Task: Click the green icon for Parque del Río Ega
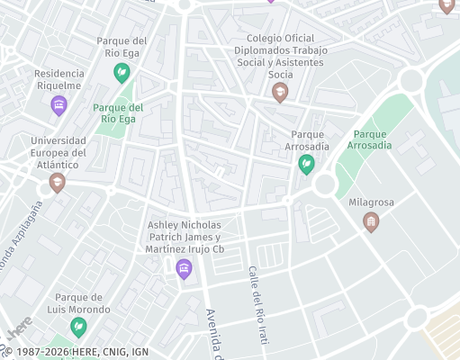tap(122, 76)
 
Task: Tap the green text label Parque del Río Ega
tap(115, 112)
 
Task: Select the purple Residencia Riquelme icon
tap(59, 106)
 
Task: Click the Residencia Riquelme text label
tap(59, 80)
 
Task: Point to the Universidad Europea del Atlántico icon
tap(58, 183)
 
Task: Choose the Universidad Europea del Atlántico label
tap(58, 153)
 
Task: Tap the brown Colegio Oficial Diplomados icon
tap(280, 92)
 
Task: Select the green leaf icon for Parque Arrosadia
tap(306, 164)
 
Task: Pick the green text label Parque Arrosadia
tap(369, 139)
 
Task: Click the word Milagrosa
tap(371, 202)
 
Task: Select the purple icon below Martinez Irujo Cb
tap(185, 268)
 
